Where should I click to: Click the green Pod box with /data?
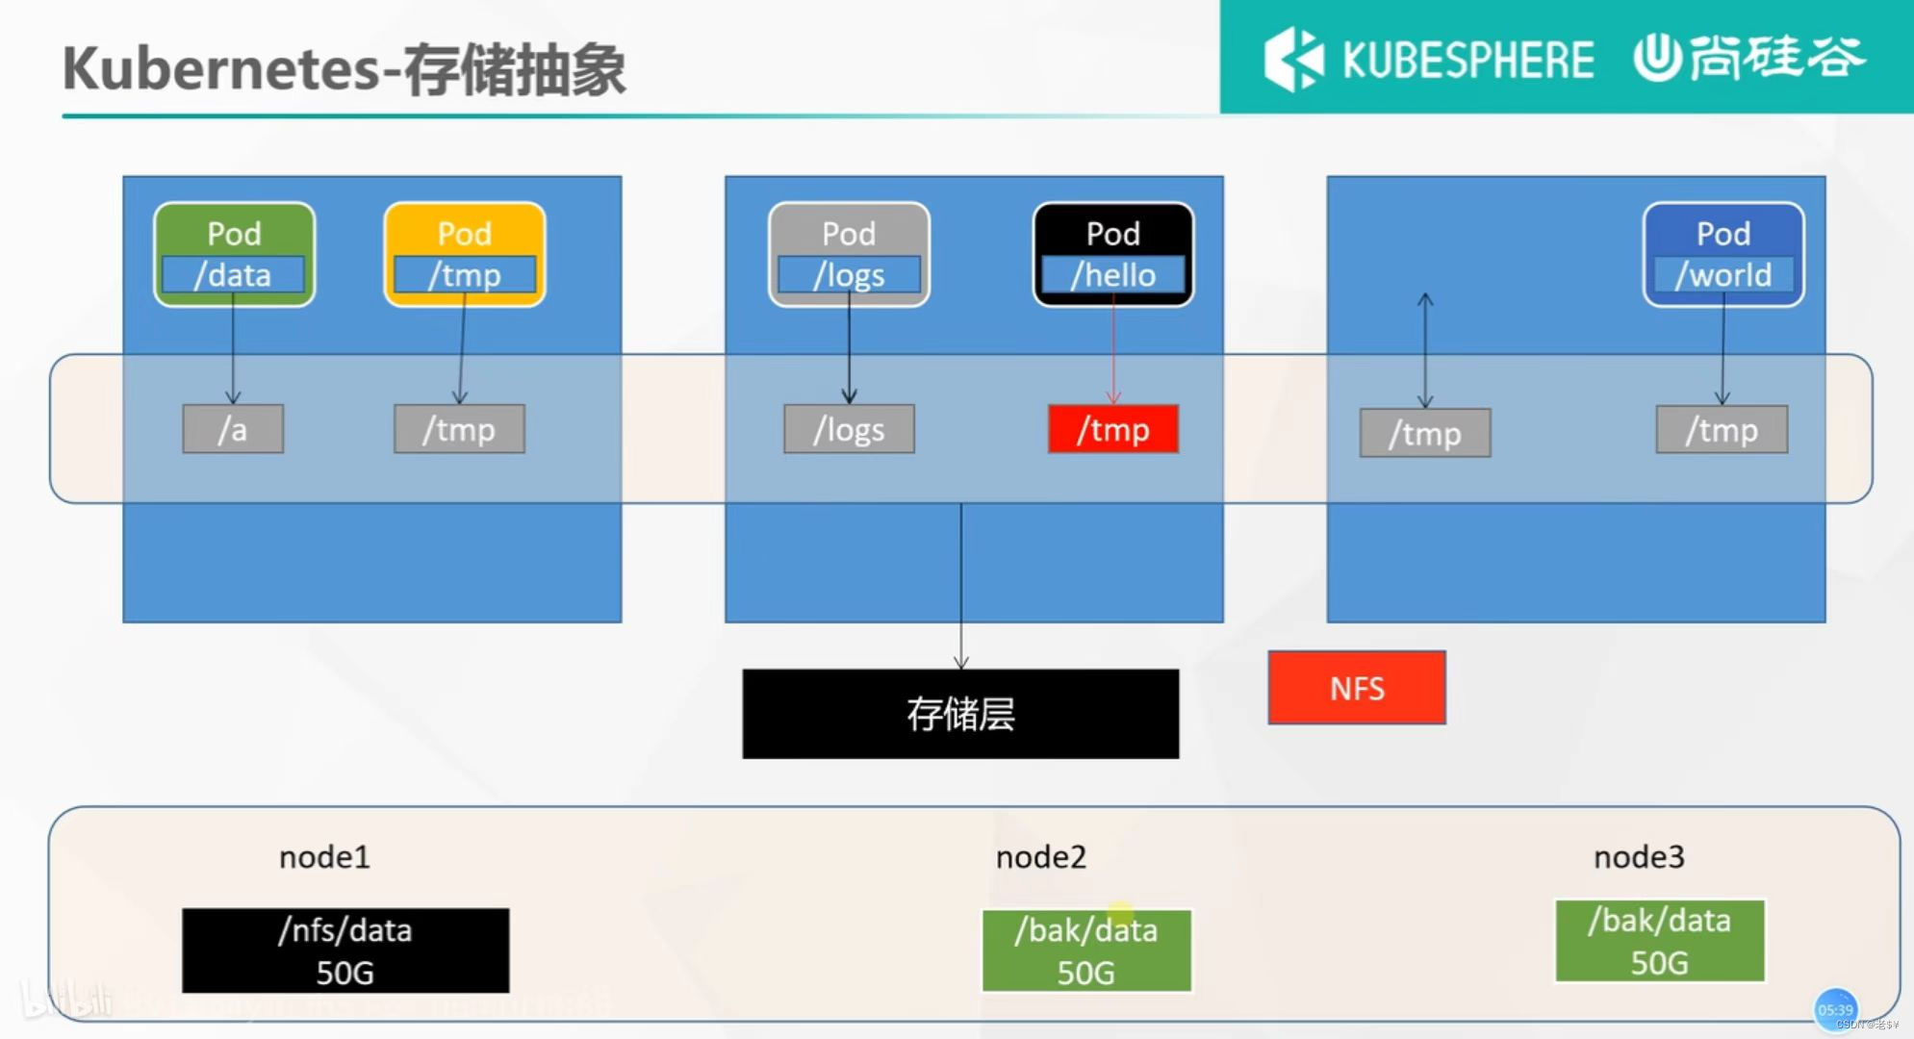(234, 254)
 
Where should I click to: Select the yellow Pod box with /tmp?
(465, 254)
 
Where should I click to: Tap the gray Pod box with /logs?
(849, 254)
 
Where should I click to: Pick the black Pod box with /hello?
(1113, 254)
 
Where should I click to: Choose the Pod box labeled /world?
(1723, 254)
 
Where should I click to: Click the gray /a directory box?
(233, 429)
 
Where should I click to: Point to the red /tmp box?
(1113, 429)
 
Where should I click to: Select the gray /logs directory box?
(849, 429)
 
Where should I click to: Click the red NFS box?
(1357, 688)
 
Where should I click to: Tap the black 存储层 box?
(960, 714)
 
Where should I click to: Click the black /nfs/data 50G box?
(345, 950)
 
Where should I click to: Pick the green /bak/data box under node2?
(1086, 950)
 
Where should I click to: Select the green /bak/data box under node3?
(1660, 941)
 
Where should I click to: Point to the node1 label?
(324, 856)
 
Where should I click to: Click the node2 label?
(1040, 856)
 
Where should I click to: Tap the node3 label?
(1639, 856)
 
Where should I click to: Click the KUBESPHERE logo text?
(1467, 60)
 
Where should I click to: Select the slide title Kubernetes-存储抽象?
(344, 69)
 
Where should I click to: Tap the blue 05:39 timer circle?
(1835, 1009)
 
